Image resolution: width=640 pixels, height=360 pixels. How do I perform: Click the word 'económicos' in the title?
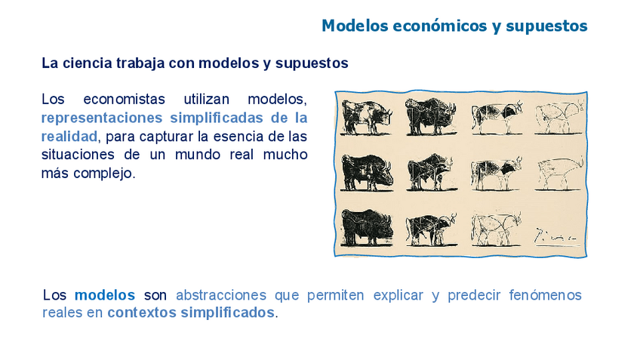(440, 26)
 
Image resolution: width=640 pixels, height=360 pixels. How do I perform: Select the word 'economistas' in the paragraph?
(124, 99)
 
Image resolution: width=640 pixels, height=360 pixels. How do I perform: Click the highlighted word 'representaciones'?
(102, 118)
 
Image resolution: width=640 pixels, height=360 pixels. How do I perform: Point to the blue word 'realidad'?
(69, 137)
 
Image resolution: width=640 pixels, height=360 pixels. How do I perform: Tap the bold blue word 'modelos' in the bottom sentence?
(105, 295)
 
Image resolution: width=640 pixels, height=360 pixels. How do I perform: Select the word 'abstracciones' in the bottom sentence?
(221, 295)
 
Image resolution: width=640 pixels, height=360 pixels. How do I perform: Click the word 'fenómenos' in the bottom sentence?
(545, 295)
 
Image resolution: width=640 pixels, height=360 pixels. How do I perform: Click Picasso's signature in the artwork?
(555, 235)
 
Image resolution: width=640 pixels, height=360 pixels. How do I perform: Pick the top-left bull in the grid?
(367, 118)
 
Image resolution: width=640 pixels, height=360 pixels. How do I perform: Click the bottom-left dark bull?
(368, 227)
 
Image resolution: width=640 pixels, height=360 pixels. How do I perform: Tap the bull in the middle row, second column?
(432, 173)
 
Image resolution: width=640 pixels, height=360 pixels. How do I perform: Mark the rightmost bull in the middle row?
(559, 174)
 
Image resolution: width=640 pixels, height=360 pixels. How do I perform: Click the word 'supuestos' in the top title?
(546, 26)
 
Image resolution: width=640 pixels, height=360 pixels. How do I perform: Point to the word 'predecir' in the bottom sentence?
(474, 295)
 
